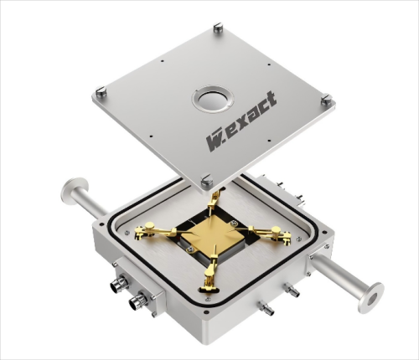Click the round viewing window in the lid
213,100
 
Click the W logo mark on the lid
214,141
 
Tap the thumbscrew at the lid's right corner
327,99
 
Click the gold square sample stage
207,234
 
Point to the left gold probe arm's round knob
150,224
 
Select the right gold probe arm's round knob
276,229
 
